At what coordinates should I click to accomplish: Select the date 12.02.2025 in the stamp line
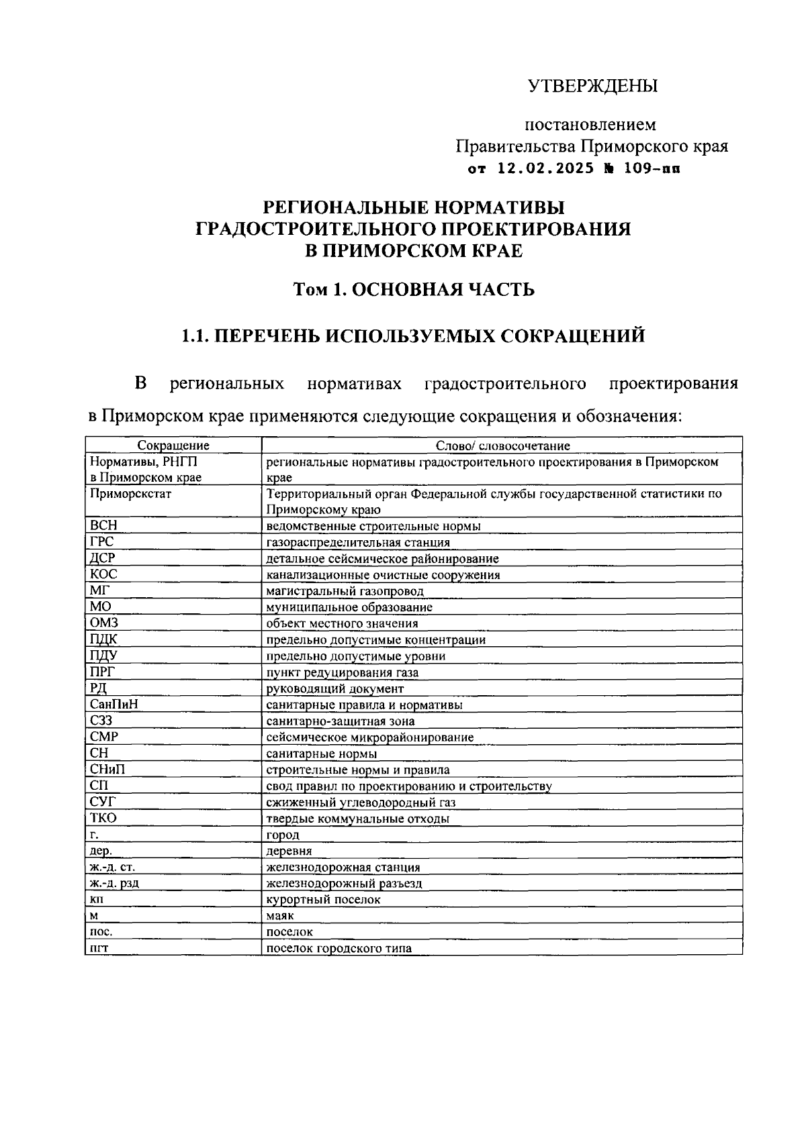point(545,169)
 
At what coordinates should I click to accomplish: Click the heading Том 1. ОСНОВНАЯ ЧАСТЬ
point(414,290)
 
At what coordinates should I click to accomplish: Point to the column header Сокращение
point(173,446)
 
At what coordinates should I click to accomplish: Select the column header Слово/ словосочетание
point(502,446)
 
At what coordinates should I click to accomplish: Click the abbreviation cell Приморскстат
point(130,494)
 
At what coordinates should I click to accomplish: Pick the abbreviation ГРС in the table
point(102,542)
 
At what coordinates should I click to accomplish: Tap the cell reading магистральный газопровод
point(345,591)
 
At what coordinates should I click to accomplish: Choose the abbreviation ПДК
point(103,639)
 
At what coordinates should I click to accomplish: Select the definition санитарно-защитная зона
point(341,721)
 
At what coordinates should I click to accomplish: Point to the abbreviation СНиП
point(107,770)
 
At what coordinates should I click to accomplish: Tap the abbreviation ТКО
point(103,819)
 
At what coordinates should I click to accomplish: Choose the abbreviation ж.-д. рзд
point(114,884)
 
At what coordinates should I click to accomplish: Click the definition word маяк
point(280,916)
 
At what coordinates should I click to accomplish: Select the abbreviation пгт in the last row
point(99,949)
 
